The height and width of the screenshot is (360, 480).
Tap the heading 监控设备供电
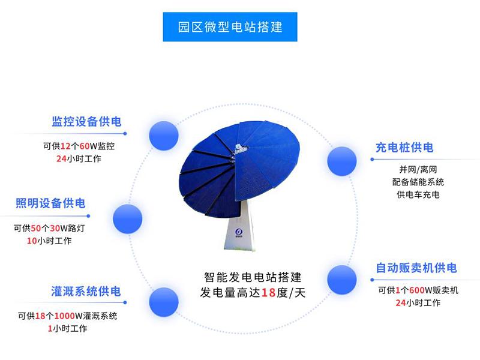click(x=86, y=122)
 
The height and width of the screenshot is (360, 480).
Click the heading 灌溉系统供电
click(x=86, y=291)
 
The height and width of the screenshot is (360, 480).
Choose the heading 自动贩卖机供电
click(x=416, y=268)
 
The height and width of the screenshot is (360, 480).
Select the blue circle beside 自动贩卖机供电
click(x=342, y=279)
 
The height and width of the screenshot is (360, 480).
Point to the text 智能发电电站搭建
click(x=252, y=278)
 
